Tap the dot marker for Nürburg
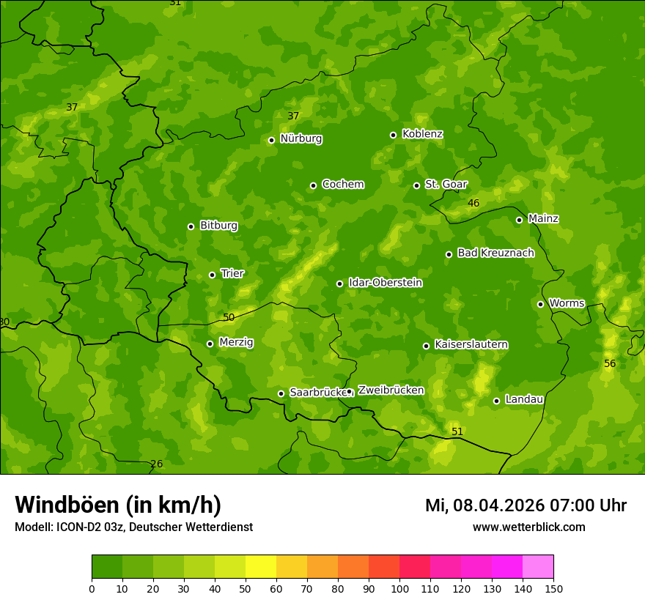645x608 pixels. pos(271,140)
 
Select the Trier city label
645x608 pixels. pos(232,274)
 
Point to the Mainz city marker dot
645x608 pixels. pos(519,220)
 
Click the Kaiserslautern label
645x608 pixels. pos(471,344)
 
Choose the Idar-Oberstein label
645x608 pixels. pos(385,283)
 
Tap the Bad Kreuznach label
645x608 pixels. pos(495,253)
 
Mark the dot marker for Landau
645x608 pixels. pos(496,401)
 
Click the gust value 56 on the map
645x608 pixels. pos(610,364)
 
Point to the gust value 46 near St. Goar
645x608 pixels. pos(473,203)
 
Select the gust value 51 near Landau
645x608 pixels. pos(457,431)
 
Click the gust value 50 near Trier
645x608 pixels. pos(229,317)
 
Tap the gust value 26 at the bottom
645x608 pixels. pos(156,464)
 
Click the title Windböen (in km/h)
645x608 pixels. pos(118,505)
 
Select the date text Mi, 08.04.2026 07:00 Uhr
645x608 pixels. pos(526,505)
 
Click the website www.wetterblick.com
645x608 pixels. pos(528,527)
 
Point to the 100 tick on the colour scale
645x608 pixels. pos(399,588)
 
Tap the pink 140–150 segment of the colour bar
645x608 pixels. pos(538,567)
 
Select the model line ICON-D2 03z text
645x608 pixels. pos(133,527)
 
